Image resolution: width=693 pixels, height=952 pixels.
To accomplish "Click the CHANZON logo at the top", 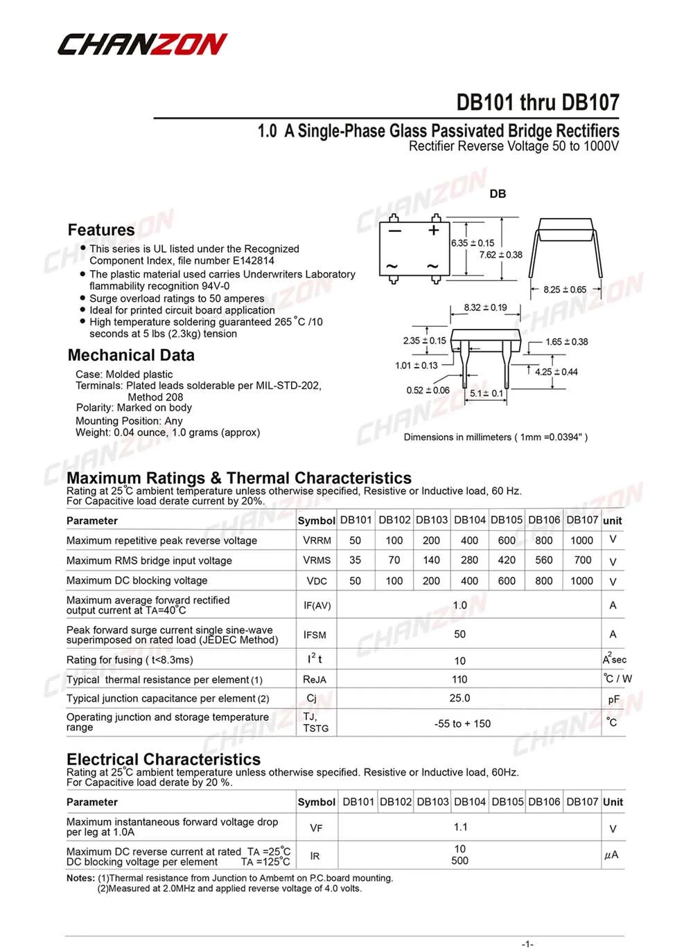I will [x=142, y=44].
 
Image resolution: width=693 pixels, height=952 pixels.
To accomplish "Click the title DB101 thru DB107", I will [x=537, y=102].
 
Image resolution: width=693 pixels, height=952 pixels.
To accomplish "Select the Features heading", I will [x=101, y=230].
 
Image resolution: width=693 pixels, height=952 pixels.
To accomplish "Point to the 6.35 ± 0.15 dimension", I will [x=473, y=243].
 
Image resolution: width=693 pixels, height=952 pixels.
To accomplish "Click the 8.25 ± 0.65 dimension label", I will [x=565, y=289].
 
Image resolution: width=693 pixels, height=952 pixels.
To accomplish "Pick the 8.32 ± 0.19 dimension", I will [x=485, y=307].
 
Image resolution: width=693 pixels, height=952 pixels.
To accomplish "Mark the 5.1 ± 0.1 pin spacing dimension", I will [x=486, y=393].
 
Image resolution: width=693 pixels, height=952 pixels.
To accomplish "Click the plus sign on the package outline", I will [x=435, y=231].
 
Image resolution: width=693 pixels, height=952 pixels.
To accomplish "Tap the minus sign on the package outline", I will [x=394, y=231].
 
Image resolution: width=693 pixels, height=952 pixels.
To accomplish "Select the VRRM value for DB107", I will [x=581, y=541].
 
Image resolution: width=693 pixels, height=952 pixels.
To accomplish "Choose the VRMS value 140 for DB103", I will [x=431, y=560].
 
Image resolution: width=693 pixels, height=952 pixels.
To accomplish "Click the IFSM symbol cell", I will [x=315, y=635].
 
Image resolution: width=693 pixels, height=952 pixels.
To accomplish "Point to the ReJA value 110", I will [x=459, y=680].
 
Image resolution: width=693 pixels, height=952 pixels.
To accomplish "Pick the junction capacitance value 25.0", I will [x=459, y=699].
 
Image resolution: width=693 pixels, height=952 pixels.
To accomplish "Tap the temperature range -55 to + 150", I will [x=462, y=724].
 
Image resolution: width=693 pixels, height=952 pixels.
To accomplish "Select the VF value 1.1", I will [x=460, y=827].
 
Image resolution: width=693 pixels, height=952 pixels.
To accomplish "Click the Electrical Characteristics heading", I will [x=164, y=760].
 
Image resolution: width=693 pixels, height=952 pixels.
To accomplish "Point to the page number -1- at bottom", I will [x=527, y=944].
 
